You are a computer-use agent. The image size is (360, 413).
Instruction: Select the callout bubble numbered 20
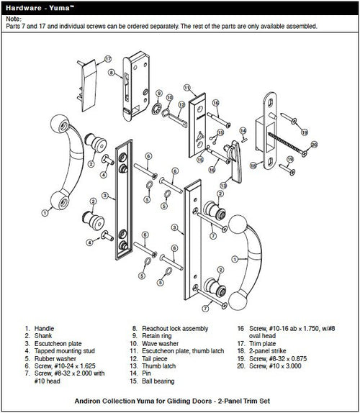click(314, 145)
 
